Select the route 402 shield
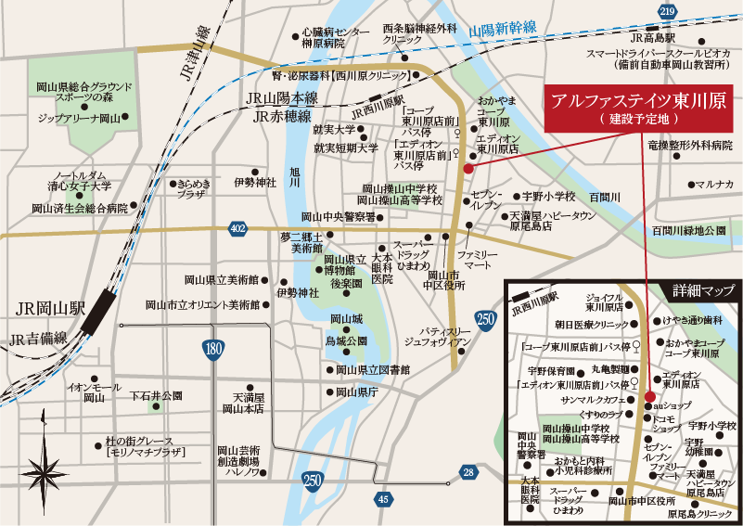click(238, 227)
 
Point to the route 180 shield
click(213, 349)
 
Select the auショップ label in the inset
click(674, 405)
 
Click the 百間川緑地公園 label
click(688, 229)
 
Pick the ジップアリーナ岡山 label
click(80, 119)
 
